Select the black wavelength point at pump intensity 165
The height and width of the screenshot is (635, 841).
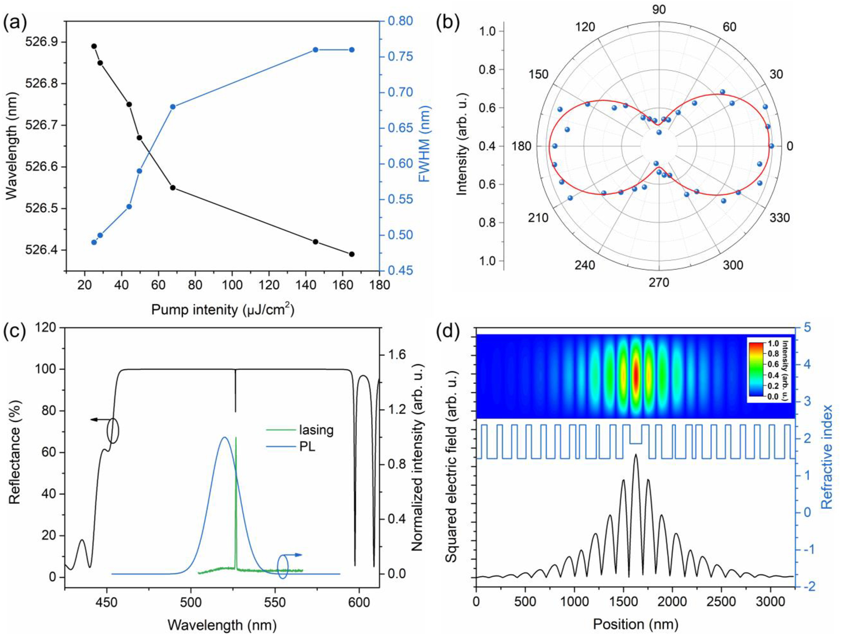(352, 254)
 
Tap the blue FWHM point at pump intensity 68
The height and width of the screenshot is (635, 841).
(173, 106)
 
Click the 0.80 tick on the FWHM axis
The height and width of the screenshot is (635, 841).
(400, 21)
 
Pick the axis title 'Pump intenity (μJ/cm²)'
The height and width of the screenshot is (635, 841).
(222, 309)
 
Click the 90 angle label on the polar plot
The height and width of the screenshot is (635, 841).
(659, 9)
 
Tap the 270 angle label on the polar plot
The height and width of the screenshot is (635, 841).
(659, 282)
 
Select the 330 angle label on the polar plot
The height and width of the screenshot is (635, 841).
(779, 218)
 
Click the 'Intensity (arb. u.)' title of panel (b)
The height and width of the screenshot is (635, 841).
(462, 144)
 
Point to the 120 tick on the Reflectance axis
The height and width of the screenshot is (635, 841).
(47, 328)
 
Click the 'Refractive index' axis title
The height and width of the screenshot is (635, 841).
(827, 457)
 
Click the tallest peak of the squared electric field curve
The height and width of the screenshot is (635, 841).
(635, 455)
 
